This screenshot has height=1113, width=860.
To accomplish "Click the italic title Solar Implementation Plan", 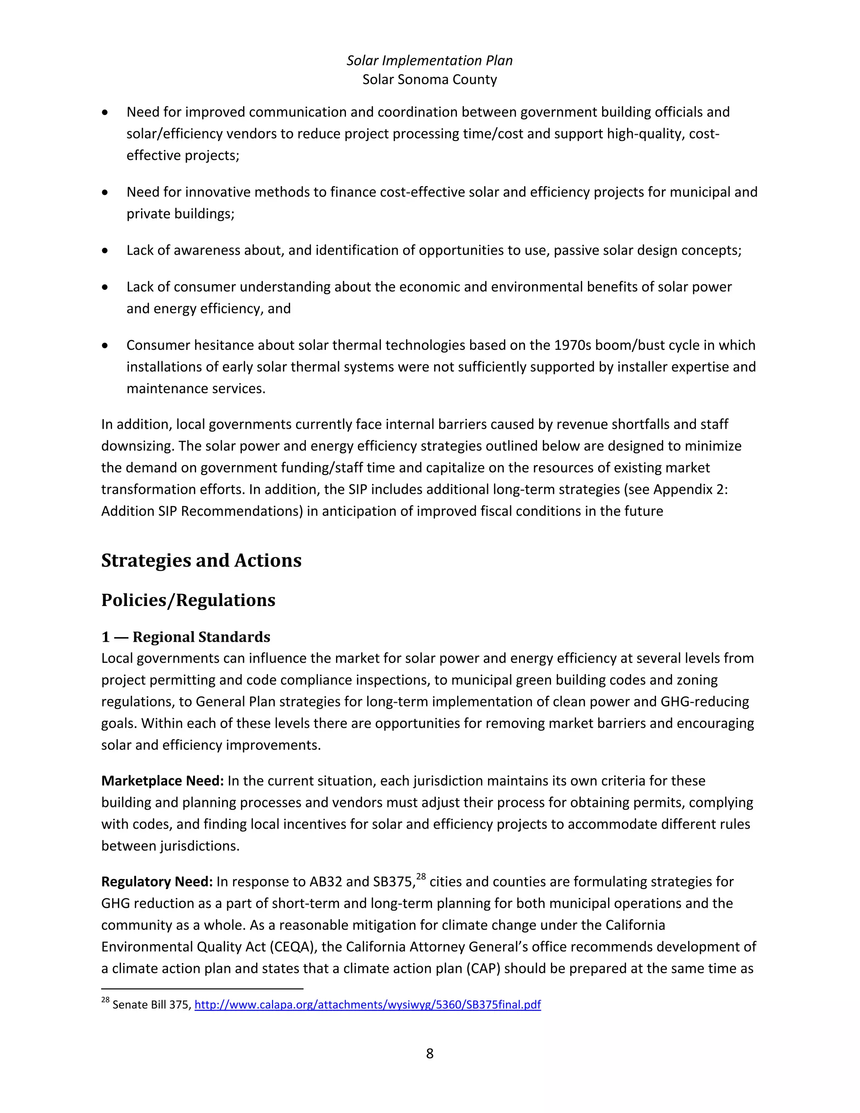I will pyautogui.click(x=430, y=60).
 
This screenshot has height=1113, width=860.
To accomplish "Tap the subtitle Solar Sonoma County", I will pyautogui.click(x=430, y=79).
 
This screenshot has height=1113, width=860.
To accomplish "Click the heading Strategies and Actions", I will pyautogui.click(x=201, y=560).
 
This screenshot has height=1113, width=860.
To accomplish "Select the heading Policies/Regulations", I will pyautogui.click(x=188, y=600).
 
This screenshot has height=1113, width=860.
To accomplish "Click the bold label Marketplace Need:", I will pyautogui.click(x=163, y=781).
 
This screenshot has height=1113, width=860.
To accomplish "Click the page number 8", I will pyautogui.click(x=430, y=1053).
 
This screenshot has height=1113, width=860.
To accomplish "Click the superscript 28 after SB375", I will pyautogui.click(x=421, y=877).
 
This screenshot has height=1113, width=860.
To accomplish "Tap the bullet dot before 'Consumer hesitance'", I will pyautogui.click(x=105, y=346).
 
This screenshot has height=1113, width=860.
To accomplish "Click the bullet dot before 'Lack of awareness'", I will pyautogui.click(x=105, y=251).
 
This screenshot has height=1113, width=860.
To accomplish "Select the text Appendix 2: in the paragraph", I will pyautogui.click(x=690, y=489).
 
